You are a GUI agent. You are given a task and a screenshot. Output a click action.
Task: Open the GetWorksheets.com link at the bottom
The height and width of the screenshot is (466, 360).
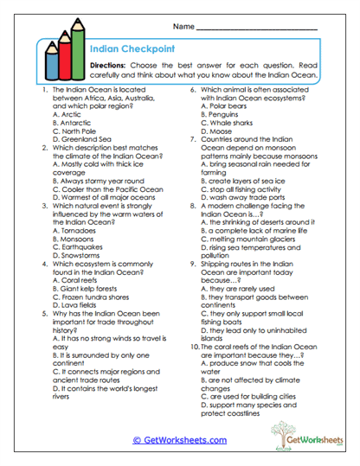click(179, 440)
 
